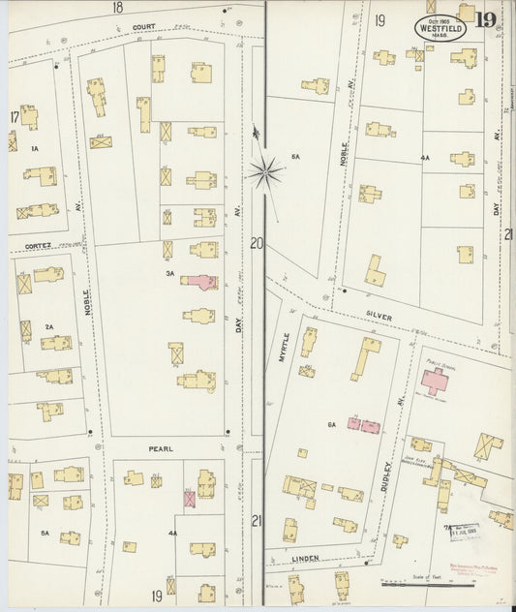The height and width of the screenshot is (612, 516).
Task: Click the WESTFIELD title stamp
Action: (x=441, y=27)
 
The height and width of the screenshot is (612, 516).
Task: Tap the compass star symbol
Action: (x=263, y=173)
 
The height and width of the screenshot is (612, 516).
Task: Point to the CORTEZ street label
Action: (x=38, y=246)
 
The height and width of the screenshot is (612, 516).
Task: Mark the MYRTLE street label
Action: (x=285, y=347)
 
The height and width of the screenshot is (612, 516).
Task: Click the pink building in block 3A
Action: (x=200, y=281)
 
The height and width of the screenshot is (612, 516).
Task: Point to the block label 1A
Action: (x=34, y=148)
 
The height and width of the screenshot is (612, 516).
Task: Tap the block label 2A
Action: (x=48, y=327)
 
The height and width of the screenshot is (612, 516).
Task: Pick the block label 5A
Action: (x=44, y=533)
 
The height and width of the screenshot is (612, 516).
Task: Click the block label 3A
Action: (x=169, y=273)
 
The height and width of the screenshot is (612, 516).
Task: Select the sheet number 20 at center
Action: (x=256, y=243)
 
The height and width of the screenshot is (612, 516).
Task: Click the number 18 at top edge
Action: (x=117, y=7)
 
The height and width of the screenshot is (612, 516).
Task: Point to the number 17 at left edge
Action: (x=15, y=118)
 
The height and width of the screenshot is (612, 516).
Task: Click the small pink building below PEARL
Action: (x=190, y=498)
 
